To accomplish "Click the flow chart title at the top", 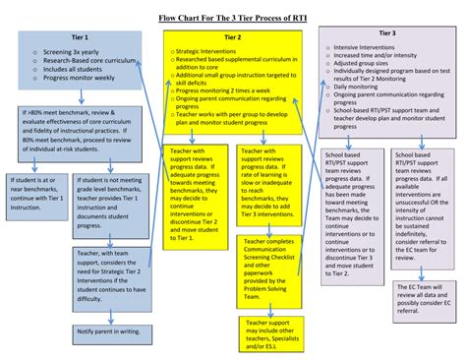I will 233,18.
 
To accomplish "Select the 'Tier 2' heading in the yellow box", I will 233,36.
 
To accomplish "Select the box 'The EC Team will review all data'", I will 421,296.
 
